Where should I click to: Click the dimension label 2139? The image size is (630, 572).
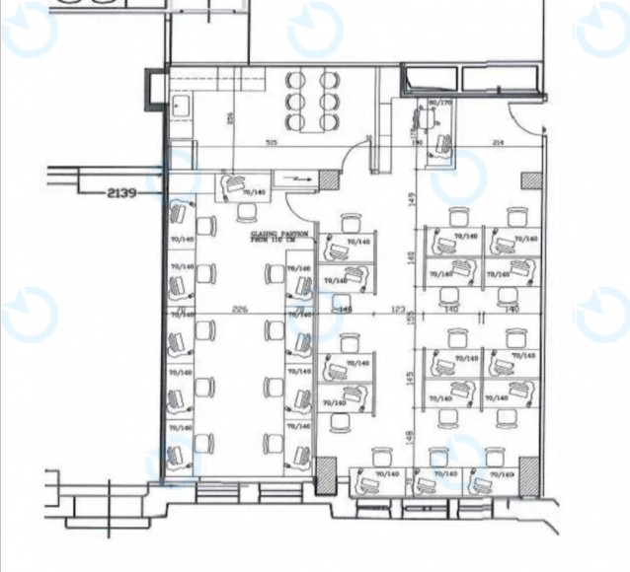point(119,193)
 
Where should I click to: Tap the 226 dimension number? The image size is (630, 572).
point(238,310)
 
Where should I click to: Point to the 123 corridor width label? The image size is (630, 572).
point(399,310)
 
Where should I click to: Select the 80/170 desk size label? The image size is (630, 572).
point(439,102)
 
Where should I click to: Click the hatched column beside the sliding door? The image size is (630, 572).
point(325,179)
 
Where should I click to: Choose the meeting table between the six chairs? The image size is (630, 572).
point(311,101)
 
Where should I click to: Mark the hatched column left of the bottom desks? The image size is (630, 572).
point(324,477)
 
